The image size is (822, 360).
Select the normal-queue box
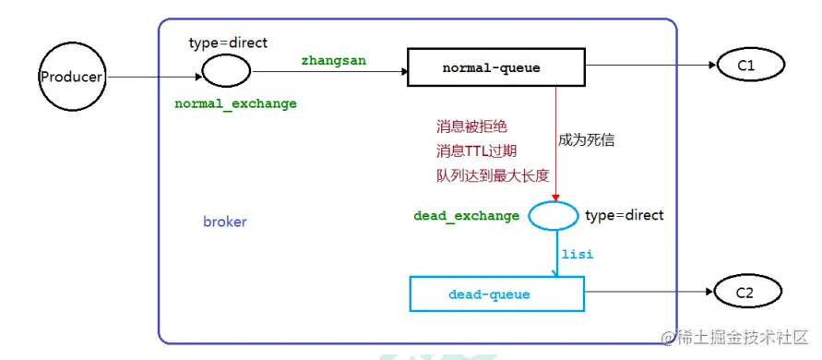[x=496, y=68]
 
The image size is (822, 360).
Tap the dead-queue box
[x=496, y=294]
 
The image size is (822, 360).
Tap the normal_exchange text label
[x=235, y=104]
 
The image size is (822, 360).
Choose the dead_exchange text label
[x=466, y=216]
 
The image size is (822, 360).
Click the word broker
[x=225, y=222]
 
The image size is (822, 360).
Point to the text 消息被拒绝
[x=471, y=126]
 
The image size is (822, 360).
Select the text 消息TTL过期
[x=477, y=150]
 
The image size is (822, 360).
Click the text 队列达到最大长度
[x=493, y=175]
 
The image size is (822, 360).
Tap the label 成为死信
[x=586, y=140]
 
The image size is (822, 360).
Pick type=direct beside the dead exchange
[x=625, y=215]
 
